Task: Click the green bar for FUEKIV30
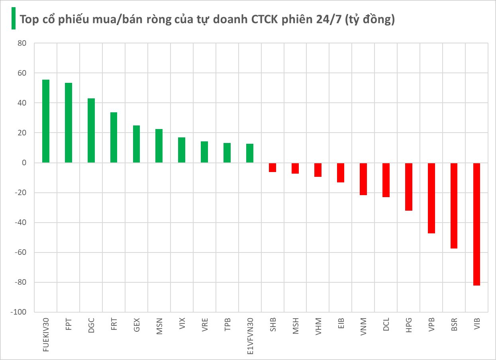[46, 121]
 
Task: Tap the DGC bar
[91, 131]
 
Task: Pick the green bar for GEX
[136, 144]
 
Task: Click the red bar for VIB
[476, 224]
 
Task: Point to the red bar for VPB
[431, 198]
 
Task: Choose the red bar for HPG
[409, 187]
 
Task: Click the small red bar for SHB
[273, 168]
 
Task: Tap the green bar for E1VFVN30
[250, 153]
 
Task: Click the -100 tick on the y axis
[18, 312]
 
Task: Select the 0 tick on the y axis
[24, 163]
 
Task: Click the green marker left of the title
[13, 18]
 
